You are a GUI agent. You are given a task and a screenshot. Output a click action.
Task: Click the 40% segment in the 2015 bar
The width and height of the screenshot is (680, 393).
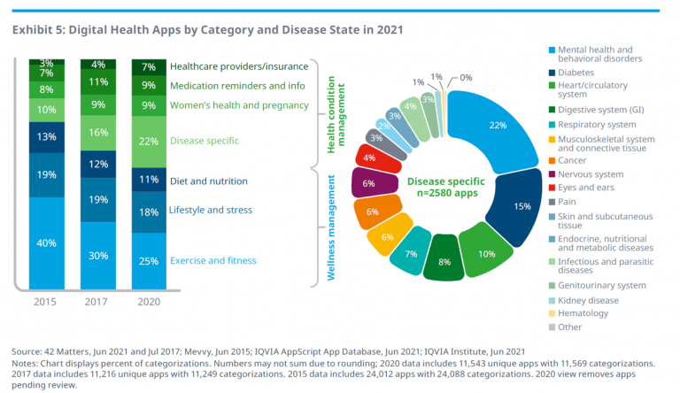pyautogui.click(x=47, y=242)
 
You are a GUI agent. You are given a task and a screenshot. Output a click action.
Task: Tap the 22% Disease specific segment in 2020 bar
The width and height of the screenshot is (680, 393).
pyautogui.click(x=149, y=142)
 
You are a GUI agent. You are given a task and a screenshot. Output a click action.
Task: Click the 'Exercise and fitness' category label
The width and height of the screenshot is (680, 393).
pyautogui.click(x=212, y=260)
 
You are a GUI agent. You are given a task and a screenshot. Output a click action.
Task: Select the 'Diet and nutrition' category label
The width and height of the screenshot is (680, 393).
pyautogui.click(x=209, y=181)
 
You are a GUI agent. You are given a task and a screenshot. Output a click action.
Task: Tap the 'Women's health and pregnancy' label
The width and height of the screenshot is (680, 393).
pyautogui.click(x=240, y=106)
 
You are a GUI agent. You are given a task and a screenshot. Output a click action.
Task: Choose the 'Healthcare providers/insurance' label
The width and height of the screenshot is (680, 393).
pyautogui.click(x=239, y=66)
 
